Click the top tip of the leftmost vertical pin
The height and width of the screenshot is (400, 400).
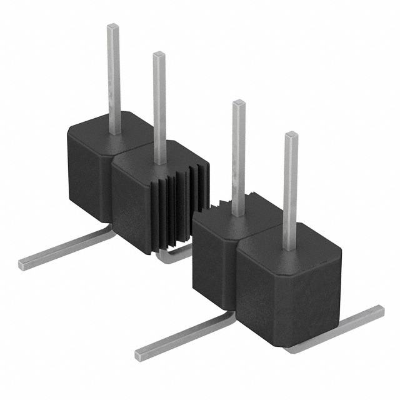pyautogui.click(x=113, y=27)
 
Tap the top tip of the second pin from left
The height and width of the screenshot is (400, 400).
pyautogui.click(x=159, y=55)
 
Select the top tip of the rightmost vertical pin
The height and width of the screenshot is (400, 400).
pyautogui.click(x=291, y=135)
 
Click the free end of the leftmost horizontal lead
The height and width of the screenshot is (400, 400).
pyautogui.click(x=24, y=264)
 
